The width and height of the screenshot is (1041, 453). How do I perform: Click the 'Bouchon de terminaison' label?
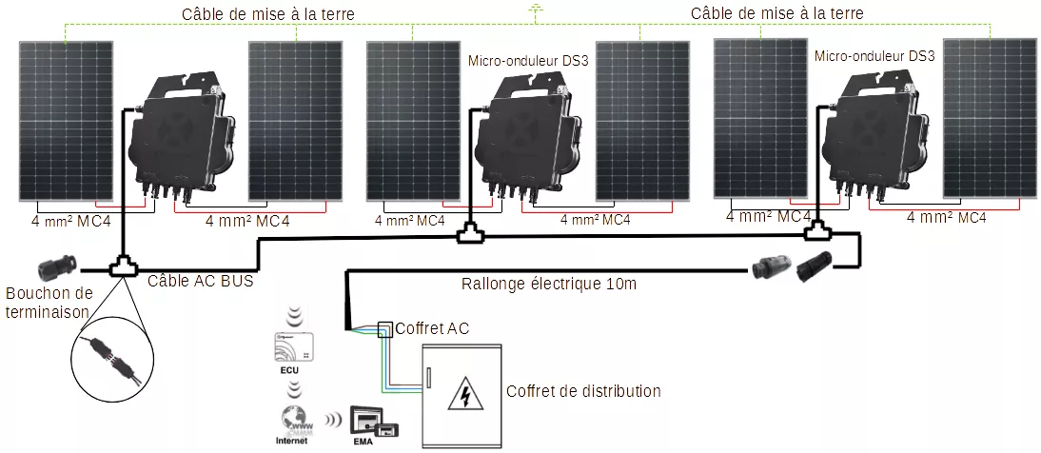pos(49,302)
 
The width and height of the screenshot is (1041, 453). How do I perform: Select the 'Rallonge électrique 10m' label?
pos(548,283)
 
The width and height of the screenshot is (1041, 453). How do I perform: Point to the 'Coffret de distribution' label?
pos(583,390)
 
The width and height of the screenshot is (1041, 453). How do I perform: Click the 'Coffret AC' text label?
pos(432,328)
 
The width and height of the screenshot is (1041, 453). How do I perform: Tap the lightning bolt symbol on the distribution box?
pos(464,393)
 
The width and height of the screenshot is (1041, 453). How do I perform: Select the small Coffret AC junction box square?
pos(384,329)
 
